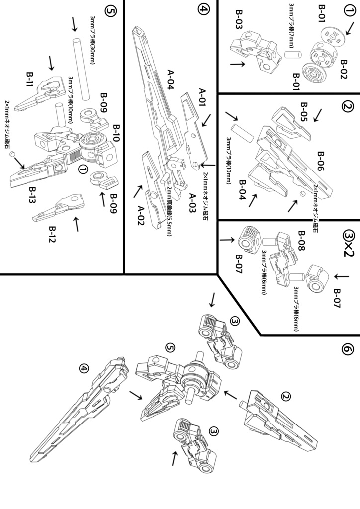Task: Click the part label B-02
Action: (x=343, y=66)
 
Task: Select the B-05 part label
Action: (x=304, y=112)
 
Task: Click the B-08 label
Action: (x=300, y=239)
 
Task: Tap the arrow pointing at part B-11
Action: (x=51, y=62)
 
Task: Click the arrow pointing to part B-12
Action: (x=76, y=225)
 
